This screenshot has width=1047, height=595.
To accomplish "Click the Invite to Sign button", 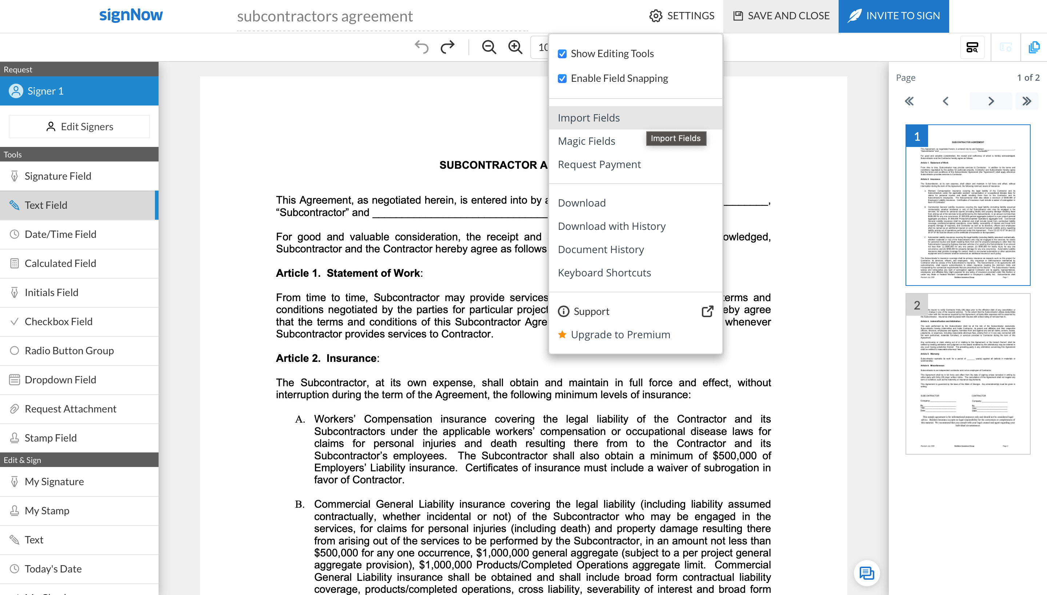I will point(894,16).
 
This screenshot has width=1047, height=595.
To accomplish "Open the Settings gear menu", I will point(682,16).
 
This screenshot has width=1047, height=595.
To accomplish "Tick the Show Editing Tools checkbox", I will point(562,54).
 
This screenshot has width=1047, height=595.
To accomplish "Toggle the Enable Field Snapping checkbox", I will point(562,79).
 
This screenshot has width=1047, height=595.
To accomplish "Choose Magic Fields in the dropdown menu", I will point(586,141).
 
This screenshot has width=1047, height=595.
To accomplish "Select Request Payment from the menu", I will point(599,165).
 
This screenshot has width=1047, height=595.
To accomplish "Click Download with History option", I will point(612,226).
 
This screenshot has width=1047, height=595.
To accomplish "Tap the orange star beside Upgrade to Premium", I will point(562,335).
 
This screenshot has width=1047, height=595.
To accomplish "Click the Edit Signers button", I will point(79,127).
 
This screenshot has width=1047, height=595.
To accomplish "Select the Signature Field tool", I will point(57,176).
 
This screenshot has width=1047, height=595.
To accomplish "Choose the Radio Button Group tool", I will point(69,351).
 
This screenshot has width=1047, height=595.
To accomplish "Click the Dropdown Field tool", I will point(60,380).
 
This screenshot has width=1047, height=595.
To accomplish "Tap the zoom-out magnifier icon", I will point(488,47).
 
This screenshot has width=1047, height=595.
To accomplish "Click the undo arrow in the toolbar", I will point(421,47).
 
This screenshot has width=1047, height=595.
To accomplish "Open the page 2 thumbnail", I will point(967,374).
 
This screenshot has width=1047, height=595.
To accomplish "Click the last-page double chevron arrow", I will point(1026,101).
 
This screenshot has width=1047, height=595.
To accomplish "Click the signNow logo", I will point(131,15).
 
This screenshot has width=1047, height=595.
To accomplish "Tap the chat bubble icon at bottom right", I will point(867,573).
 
